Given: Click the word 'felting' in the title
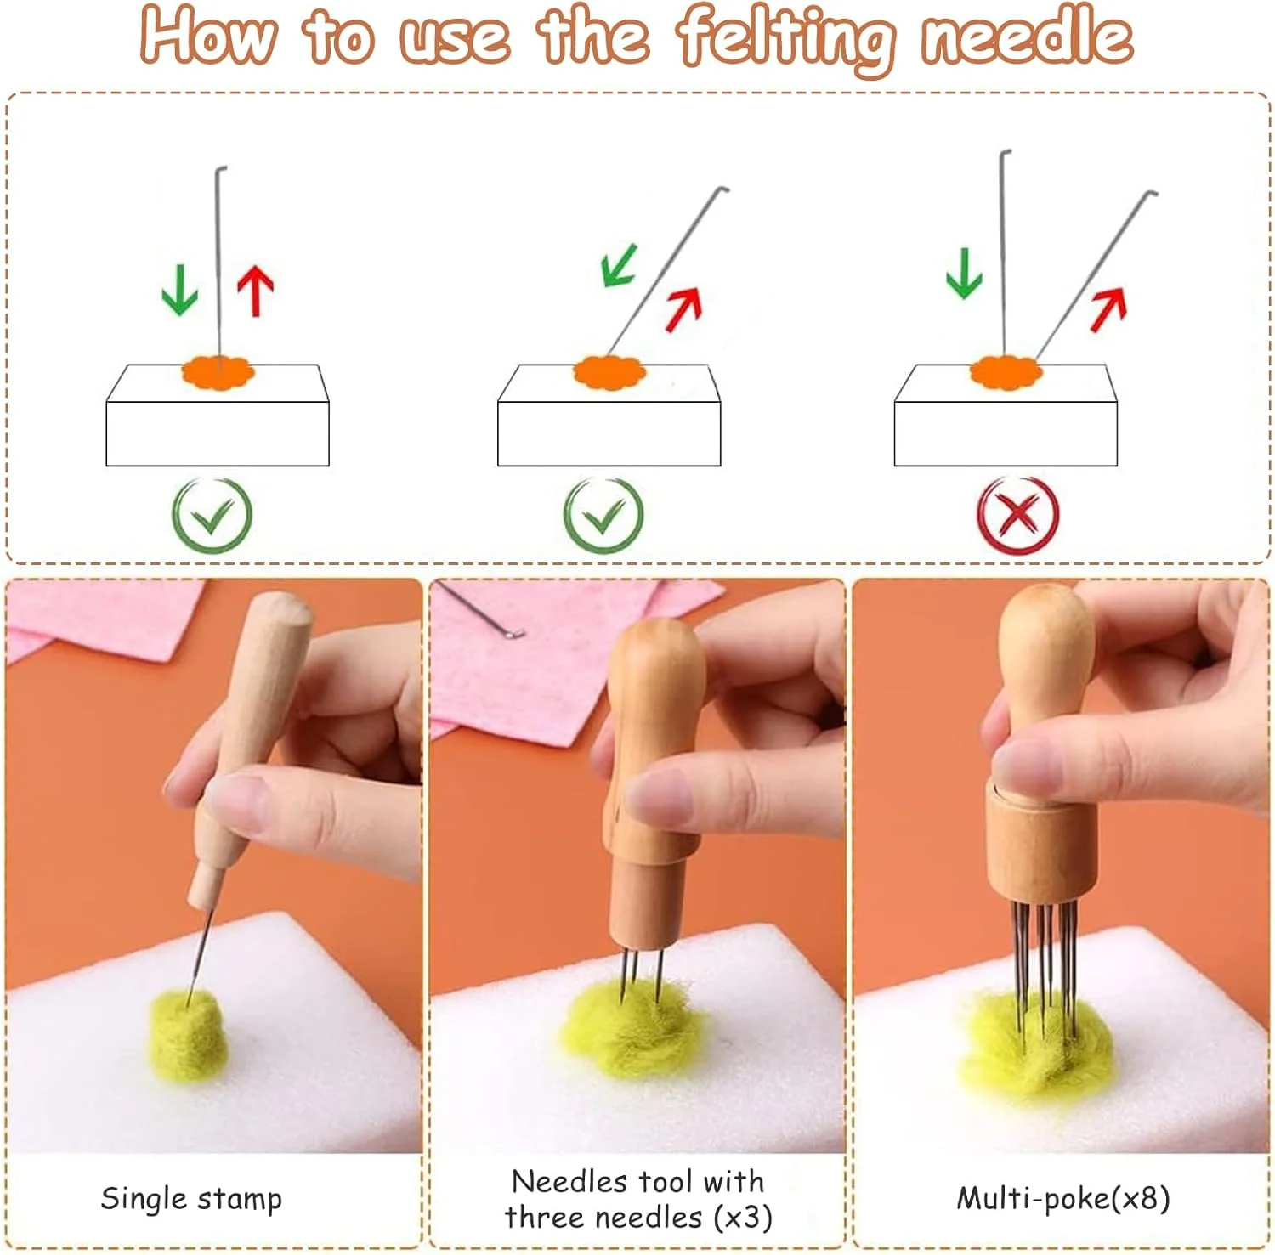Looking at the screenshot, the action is click(785, 38).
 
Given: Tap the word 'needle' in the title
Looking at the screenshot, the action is click(1028, 35).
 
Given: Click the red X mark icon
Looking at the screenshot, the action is click(1017, 515).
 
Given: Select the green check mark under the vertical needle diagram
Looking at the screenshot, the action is click(212, 515).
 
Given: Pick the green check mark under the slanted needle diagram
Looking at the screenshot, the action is click(603, 515).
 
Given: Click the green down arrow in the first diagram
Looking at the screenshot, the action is click(179, 290).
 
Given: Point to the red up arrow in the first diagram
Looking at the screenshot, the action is click(255, 291).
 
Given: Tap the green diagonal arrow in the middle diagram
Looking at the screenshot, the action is click(620, 265).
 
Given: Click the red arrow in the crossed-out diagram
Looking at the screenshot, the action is click(1108, 309).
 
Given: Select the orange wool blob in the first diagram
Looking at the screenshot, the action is click(218, 372).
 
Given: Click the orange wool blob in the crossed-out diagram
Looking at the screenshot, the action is click(1006, 372).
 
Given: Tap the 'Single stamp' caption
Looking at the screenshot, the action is click(191, 1199).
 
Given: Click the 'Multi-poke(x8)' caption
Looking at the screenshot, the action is click(1063, 1198).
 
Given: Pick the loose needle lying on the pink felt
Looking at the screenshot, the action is click(481, 609).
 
